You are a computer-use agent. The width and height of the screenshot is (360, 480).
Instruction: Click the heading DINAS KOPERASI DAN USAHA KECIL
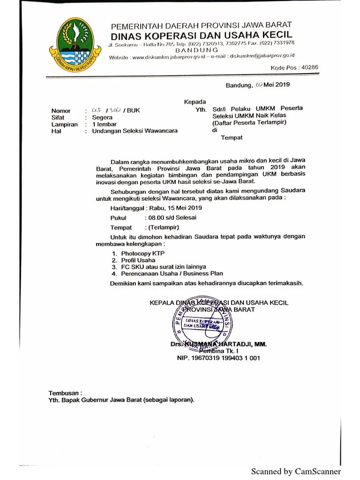tap(202, 35)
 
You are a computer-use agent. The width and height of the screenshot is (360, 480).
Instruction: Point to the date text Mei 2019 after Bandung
tap(277, 85)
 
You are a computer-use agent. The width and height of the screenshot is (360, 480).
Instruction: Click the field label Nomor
tap(61, 111)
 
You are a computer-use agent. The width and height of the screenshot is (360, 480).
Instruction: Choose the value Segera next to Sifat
tap(102, 117)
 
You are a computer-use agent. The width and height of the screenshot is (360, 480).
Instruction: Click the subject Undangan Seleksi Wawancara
tap(135, 131)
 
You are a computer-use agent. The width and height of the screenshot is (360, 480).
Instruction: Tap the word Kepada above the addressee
tap(195, 102)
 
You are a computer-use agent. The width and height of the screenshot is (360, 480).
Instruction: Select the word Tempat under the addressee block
tap(232, 138)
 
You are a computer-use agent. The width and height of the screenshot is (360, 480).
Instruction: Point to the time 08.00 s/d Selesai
tap(172, 217)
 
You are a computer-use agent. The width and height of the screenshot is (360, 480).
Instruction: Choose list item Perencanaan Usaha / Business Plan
tap(172, 273)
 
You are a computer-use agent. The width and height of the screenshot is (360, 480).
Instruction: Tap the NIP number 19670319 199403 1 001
tap(218, 358)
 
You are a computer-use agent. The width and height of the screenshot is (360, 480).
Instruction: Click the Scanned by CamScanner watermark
tap(296, 471)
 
